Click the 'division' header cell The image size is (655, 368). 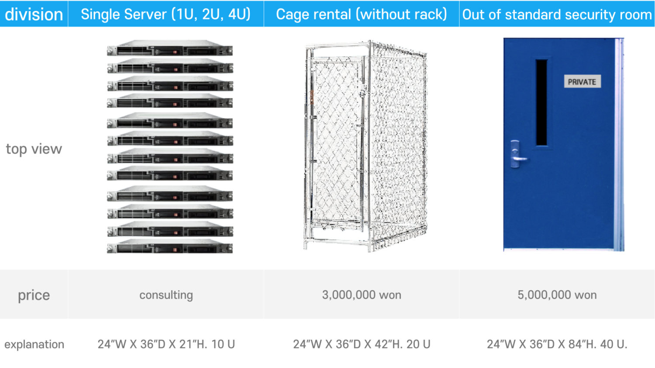[x=34, y=14]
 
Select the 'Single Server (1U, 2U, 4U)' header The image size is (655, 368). [x=165, y=14]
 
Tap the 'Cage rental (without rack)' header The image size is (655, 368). [x=362, y=14]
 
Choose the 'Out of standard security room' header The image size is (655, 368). [x=557, y=14]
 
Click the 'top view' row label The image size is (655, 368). [x=34, y=149]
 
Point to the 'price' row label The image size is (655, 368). [x=34, y=295]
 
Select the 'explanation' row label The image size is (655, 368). [x=34, y=344]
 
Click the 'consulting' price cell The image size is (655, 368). [x=166, y=295]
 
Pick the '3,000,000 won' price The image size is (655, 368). [x=362, y=295]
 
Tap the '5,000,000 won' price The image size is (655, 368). [x=557, y=295]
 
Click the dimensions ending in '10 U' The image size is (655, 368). [x=166, y=344]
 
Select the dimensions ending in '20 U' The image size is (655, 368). [x=362, y=344]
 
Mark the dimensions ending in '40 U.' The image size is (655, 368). [x=557, y=344]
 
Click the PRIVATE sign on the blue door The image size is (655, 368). [x=582, y=82]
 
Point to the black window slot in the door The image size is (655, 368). [x=541, y=102]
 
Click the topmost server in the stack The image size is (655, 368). [x=170, y=48]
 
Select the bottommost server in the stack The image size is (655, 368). [x=170, y=246]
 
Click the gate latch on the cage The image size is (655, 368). [x=363, y=91]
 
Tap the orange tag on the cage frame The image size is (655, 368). [x=312, y=97]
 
